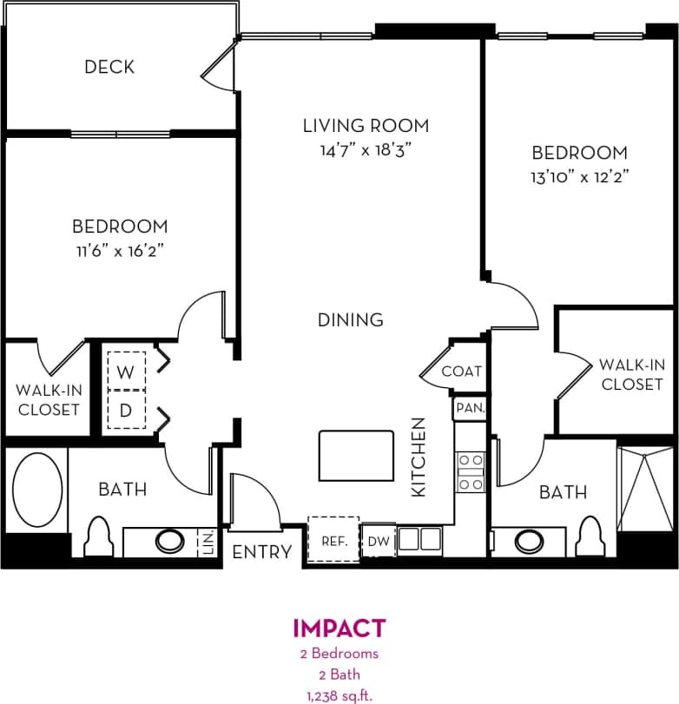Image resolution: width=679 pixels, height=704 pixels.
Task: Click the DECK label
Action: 109,67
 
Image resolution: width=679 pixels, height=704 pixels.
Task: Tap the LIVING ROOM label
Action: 366,126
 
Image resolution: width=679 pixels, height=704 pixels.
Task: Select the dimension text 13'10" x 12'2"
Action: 579,176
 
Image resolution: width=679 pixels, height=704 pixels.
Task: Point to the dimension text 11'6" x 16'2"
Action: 119,251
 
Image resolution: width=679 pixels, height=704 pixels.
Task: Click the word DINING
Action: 350,319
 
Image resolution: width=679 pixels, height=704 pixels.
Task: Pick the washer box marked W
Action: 126,372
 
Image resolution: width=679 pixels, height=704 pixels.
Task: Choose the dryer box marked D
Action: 126,411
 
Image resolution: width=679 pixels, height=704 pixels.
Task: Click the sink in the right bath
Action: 530,541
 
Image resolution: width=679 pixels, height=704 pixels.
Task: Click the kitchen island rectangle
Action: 355,459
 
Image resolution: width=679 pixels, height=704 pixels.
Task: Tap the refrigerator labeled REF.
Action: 333,540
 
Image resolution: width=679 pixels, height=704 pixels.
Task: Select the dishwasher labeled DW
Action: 378,540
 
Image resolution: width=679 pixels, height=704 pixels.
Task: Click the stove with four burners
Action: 471,472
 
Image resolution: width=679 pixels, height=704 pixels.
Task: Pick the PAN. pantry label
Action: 470,407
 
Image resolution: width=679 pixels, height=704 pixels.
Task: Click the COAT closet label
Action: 461,371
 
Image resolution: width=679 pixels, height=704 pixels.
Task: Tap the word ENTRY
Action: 262,551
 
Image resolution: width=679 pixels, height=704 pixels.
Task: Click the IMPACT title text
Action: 339,628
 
